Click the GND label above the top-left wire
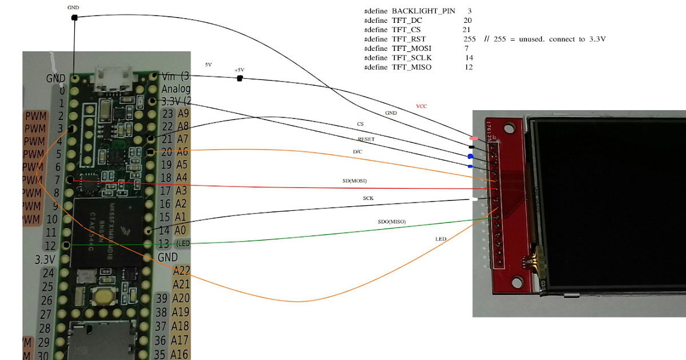pyautogui.click(x=73, y=8)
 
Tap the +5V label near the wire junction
pyautogui.click(x=239, y=70)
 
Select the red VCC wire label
pyautogui.click(x=421, y=106)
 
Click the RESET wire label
pyautogui.click(x=366, y=139)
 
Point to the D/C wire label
pyautogui.click(x=357, y=151)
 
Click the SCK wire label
pyautogui.click(x=369, y=198)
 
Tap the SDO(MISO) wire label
pyautogui.click(x=392, y=221)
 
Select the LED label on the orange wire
pyautogui.click(x=441, y=238)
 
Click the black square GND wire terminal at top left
pyautogui.click(x=74, y=18)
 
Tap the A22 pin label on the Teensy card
pyautogui.click(x=181, y=270)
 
